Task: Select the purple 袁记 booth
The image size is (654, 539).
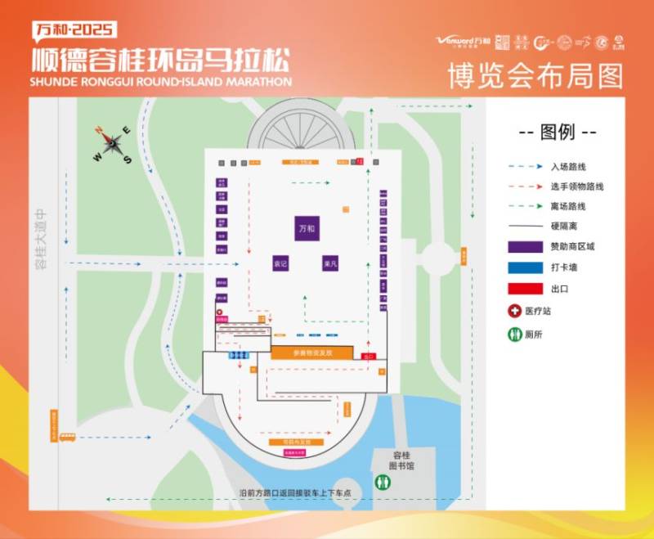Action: coord(280,264)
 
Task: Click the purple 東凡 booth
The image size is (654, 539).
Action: coord(330,264)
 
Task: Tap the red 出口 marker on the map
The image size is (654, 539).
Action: coord(367,356)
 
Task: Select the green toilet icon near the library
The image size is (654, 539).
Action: coord(382,483)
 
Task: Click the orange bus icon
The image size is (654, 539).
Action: coord(66,438)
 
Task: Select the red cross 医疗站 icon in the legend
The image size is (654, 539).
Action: coord(514,312)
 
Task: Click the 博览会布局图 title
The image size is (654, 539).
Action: coord(535,75)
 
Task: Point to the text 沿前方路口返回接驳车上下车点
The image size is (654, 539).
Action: coord(295,493)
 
